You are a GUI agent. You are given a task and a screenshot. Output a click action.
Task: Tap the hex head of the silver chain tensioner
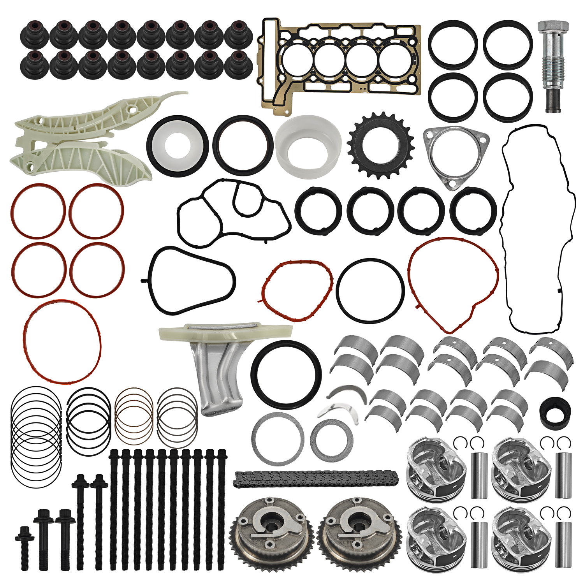(553, 28)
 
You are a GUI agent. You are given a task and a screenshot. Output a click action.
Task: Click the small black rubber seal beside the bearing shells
(555, 413)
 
